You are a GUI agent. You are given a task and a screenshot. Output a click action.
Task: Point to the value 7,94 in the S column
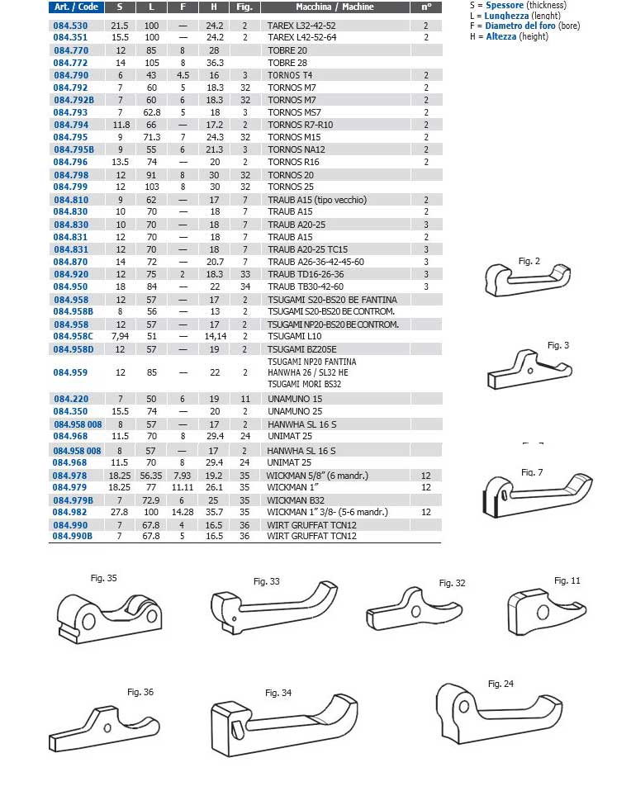[120, 337]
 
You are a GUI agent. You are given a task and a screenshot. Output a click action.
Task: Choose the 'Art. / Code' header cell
[77, 7]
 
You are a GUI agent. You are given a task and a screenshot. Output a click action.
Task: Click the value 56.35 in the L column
[151, 476]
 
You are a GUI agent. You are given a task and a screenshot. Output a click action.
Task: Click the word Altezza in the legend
[505, 36]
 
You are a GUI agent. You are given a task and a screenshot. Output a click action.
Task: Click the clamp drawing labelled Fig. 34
[281, 718]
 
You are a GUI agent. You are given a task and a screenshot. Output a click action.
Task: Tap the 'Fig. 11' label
[567, 580]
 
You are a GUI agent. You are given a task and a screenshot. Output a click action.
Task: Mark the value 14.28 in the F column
[182, 513]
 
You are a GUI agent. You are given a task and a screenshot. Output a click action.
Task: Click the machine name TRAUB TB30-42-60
[306, 287]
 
